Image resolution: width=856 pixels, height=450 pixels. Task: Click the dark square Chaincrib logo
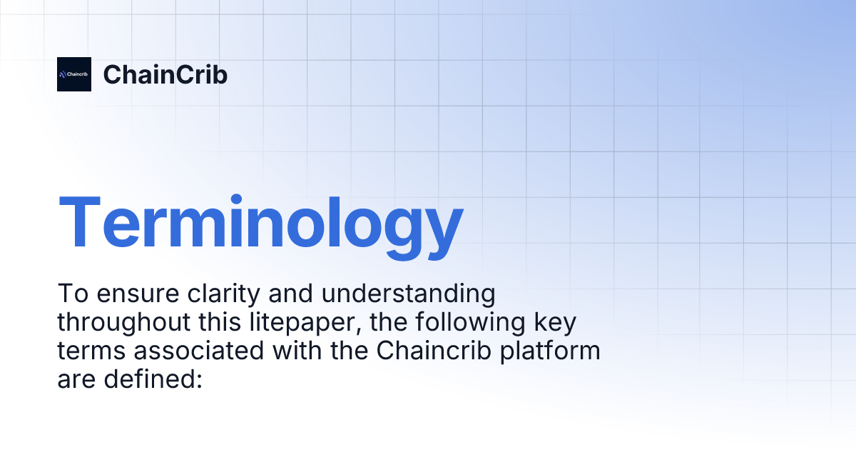pos(74,74)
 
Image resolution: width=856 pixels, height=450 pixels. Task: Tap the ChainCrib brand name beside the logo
pos(165,74)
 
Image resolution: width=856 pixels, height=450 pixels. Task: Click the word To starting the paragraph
pos(70,294)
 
